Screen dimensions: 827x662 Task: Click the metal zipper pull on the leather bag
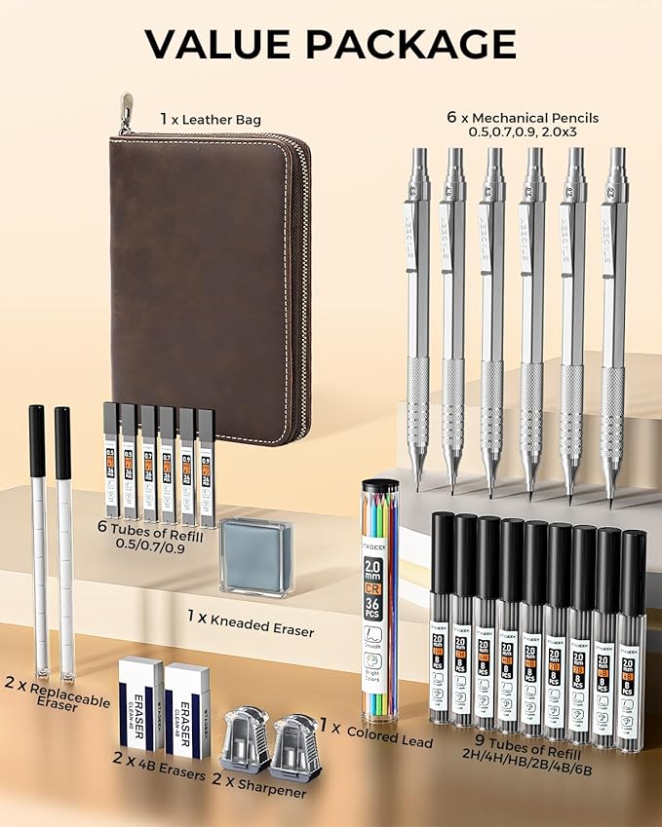pyautogui.click(x=125, y=114)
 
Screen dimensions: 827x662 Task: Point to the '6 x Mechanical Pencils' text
pyautogui.click(x=523, y=117)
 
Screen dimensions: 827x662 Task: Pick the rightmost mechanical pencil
pyautogui.click(x=614, y=312)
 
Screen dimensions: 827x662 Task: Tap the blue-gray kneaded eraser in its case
pyautogui.click(x=255, y=555)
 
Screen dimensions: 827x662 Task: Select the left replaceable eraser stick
pyautogui.click(x=38, y=541)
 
